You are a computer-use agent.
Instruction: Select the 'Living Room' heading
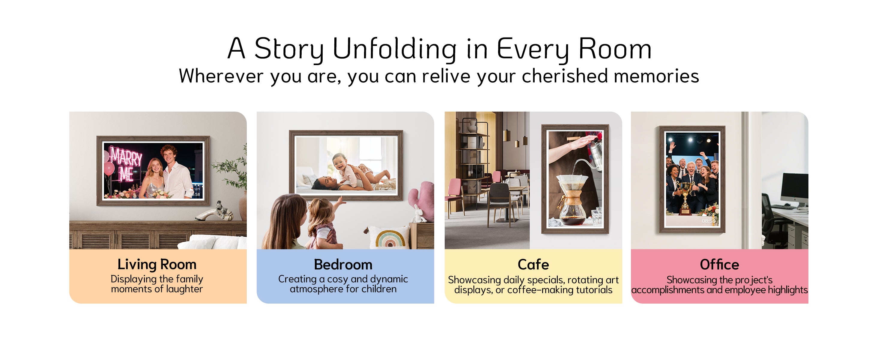click(x=157, y=265)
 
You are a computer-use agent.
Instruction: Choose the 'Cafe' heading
click(x=533, y=265)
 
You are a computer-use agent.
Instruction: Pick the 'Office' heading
click(x=719, y=265)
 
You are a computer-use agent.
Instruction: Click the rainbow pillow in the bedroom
click(x=389, y=237)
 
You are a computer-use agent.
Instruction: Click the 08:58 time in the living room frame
click(x=195, y=194)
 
